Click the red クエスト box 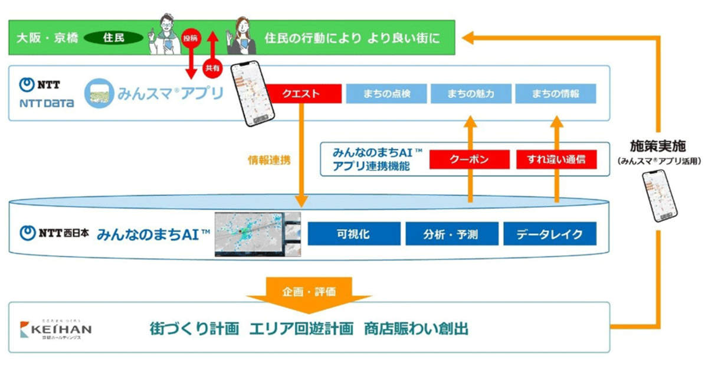[x=303, y=93]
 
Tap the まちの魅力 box [x=470, y=93]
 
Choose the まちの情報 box [x=555, y=93]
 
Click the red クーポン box [x=468, y=159]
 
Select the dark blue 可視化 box [x=353, y=234]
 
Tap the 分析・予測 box [x=451, y=234]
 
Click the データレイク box [x=549, y=234]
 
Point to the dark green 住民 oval [x=114, y=38]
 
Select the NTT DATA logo [x=47, y=94]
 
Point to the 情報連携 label [x=269, y=160]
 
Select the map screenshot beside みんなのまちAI [x=257, y=234]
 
